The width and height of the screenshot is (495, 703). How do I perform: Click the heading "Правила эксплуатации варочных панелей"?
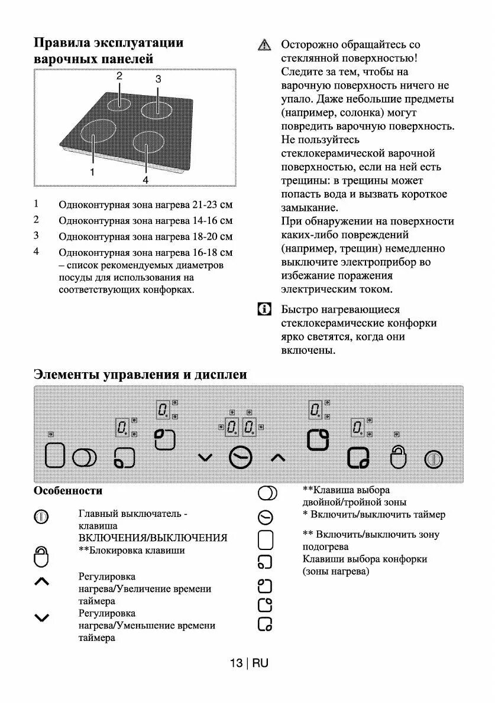pos(109,51)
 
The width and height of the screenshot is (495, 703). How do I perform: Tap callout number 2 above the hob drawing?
pos(119,76)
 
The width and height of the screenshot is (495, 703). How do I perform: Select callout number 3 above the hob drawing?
pos(158,79)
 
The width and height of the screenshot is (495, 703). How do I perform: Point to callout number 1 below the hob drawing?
pos(92,172)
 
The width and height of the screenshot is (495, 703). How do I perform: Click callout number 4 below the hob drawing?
pos(145,179)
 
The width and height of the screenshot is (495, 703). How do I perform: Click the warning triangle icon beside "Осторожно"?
pos(264,45)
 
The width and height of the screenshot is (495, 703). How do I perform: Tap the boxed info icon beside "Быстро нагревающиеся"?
pos(264,310)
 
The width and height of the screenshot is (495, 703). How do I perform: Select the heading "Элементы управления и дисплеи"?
pos(140,375)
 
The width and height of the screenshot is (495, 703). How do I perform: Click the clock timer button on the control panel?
pos(241,457)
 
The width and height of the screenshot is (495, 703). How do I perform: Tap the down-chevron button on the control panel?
pos(205,457)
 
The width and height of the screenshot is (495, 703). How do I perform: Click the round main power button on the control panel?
pos(433,458)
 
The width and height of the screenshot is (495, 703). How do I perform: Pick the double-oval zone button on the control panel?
pos(84,458)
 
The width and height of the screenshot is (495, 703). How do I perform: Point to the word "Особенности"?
pos(68,491)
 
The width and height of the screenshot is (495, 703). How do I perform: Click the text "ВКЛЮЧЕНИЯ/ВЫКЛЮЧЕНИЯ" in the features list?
pos(153,538)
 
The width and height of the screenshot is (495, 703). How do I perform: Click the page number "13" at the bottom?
pos(236,663)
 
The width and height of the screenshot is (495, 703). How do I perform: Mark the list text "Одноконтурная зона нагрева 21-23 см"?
pos(145,206)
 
